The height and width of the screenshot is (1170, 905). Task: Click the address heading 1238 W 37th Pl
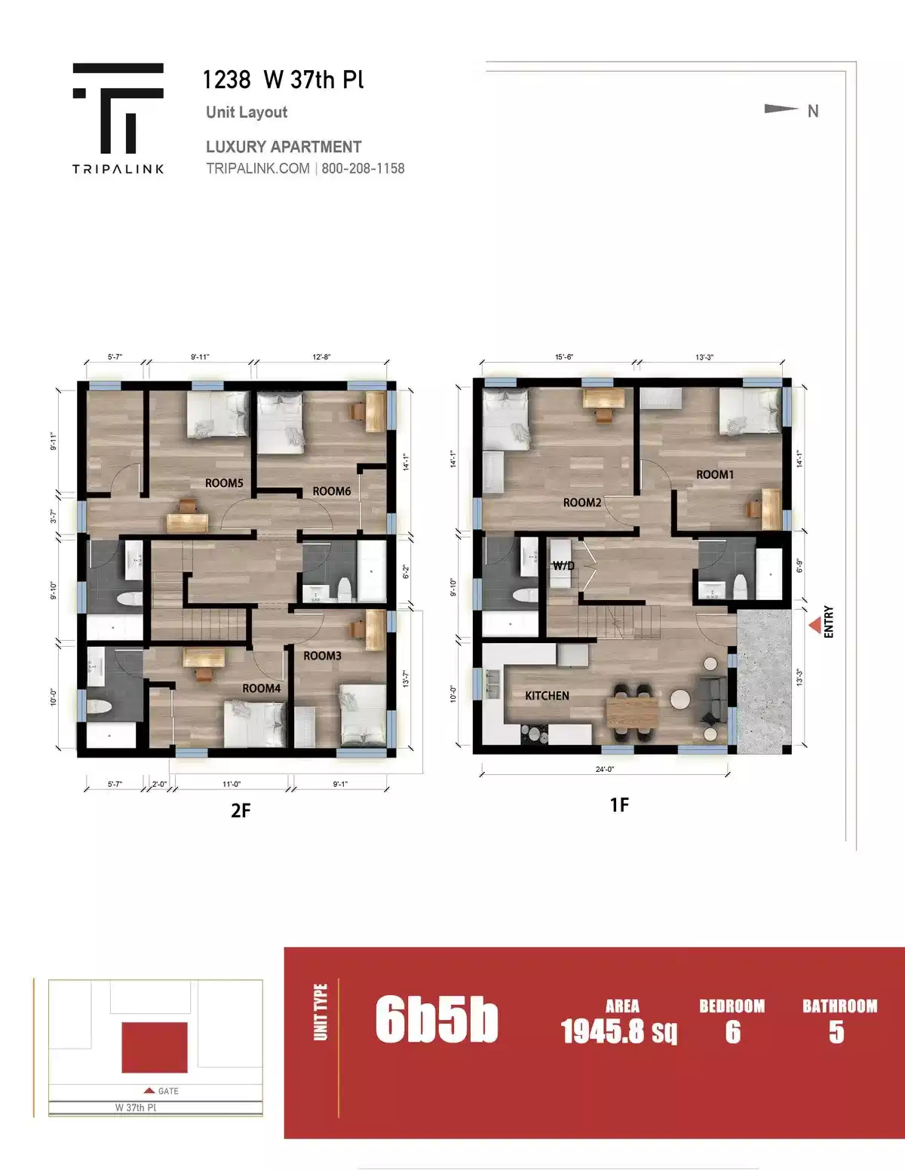283,80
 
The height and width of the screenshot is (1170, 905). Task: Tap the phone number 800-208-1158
363,169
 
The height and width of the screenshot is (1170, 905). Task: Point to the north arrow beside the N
781,109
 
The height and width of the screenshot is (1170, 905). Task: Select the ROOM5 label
224,483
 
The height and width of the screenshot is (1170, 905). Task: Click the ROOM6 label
332,492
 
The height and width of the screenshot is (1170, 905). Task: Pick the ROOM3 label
322,656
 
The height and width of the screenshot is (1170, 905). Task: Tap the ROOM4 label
261,688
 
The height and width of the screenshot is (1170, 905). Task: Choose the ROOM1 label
714,475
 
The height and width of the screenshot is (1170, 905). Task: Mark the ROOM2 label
582,503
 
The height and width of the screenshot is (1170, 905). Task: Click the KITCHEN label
547,696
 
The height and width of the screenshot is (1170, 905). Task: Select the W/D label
563,566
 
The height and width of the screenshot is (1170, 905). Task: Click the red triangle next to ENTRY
815,626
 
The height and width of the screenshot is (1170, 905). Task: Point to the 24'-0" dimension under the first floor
605,770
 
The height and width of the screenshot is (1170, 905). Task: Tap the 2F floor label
241,810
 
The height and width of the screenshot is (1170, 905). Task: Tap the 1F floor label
619,805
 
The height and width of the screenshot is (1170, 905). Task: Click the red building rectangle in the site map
155,1047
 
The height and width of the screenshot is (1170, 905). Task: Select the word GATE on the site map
168,1091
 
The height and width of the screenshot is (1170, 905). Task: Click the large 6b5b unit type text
437,1019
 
